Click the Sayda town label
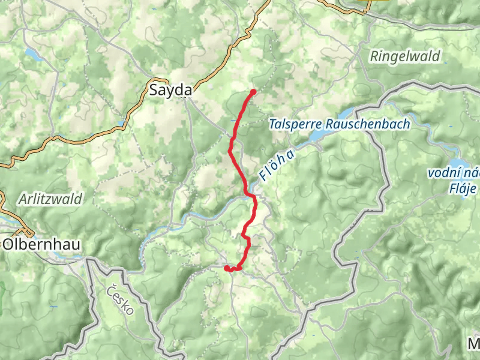pyautogui.click(x=171, y=91)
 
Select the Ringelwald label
pyautogui.click(x=405, y=57)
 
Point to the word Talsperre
pyautogui.click(x=296, y=125)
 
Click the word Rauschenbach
pyautogui.click(x=368, y=125)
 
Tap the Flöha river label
pyautogui.click(x=277, y=165)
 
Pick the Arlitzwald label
pyautogui.click(x=50, y=199)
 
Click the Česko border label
pyautogui.click(x=121, y=301)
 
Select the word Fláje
pyautogui.click(x=463, y=190)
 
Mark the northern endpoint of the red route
pyautogui.click(x=253, y=92)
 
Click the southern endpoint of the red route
pyautogui.click(x=227, y=268)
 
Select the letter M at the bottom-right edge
pyautogui.click(x=474, y=344)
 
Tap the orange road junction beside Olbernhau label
pyautogui.click(x=25, y=232)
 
